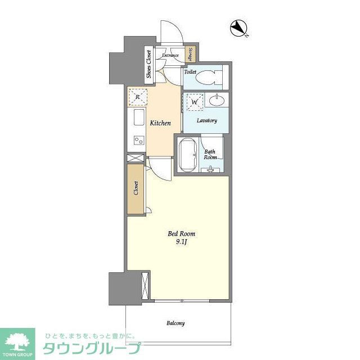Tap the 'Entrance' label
pyautogui.click(x=170, y=55)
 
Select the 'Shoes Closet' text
pyautogui.click(x=149, y=64)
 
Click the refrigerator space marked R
pyautogui.click(x=137, y=97)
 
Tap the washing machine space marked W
pyautogui.click(x=195, y=103)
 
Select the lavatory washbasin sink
pyautogui.click(x=217, y=101)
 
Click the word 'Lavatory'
pyautogui.click(x=206, y=121)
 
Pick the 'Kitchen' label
pyautogui.click(x=160, y=123)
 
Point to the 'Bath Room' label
pyautogui.click(x=210, y=154)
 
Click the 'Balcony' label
pyautogui.click(x=175, y=323)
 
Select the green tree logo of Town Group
pyautogui.click(x=18, y=340)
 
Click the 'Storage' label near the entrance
pyautogui.click(x=191, y=54)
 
